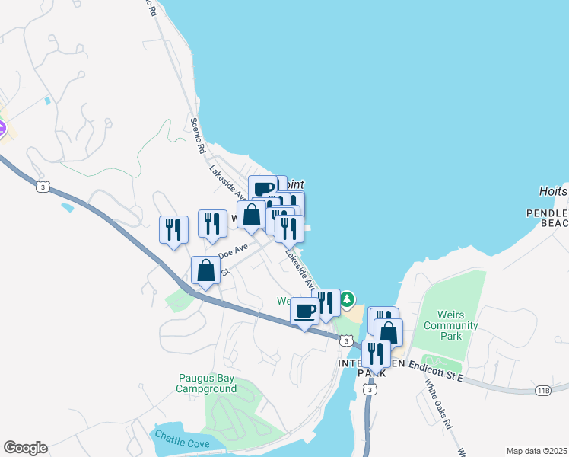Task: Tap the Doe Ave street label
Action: click(234, 250)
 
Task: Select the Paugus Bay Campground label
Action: click(206, 383)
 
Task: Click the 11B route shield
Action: click(542, 391)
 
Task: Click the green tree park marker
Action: click(347, 298)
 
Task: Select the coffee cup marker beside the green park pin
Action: click(305, 311)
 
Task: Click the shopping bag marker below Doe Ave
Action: click(206, 270)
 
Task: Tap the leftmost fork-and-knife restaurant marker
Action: click(173, 229)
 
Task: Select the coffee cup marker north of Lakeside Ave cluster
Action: click(263, 188)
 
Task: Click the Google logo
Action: click(25, 448)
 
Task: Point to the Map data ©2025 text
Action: click(536, 451)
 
